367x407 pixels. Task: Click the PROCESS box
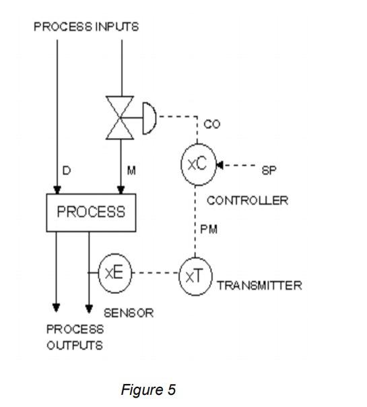click(90, 212)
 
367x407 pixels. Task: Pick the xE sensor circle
click(114, 272)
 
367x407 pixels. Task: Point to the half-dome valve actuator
click(150, 118)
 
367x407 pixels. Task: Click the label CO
click(211, 125)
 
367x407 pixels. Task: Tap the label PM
click(208, 230)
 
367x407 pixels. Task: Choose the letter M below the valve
click(131, 171)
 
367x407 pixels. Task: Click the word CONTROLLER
click(247, 200)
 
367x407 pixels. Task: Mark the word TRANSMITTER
click(259, 286)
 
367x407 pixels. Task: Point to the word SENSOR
click(129, 313)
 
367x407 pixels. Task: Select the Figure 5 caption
click(148, 389)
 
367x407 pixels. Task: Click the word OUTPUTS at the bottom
click(74, 346)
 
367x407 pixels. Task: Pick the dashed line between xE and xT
click(155, 273)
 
